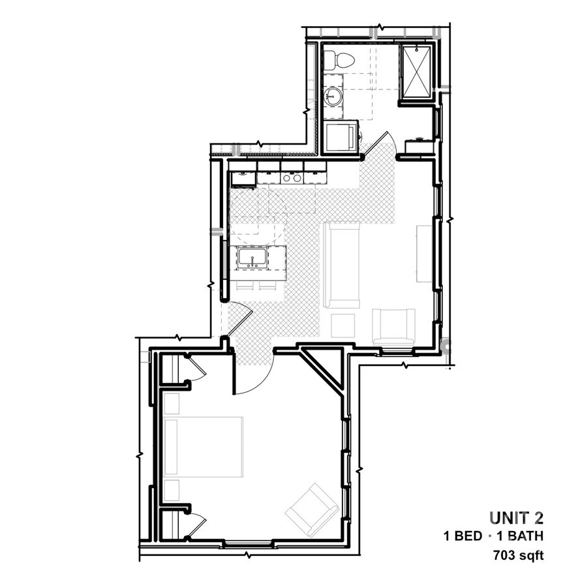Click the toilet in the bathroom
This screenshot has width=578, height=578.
(x=339, y=60)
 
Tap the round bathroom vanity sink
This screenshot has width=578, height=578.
(x=333, y=97)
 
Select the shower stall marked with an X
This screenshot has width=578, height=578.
(x=416, y=72)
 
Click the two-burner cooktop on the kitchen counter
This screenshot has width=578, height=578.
(x=292, y=178)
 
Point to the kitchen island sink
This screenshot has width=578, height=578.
(x=252, y=258)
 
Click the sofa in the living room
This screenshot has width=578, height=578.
(x=341, y=264)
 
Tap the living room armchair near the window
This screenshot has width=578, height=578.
(x=393, y=327)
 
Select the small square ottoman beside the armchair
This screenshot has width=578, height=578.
(x=342, y=326)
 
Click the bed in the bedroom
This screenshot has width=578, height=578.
(x=203, y=447)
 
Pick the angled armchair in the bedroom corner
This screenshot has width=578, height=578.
(x=312, y=510)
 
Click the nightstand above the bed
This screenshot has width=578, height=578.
(x=172, y=404)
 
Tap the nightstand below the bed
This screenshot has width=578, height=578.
(x=172, y=490)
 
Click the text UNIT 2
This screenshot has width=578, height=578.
(x=516, y=518)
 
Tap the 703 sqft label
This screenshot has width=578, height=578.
(x=518, y=555)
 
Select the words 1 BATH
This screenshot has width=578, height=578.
(x=520, y=536)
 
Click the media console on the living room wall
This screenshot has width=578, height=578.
(x=424, y=254)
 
